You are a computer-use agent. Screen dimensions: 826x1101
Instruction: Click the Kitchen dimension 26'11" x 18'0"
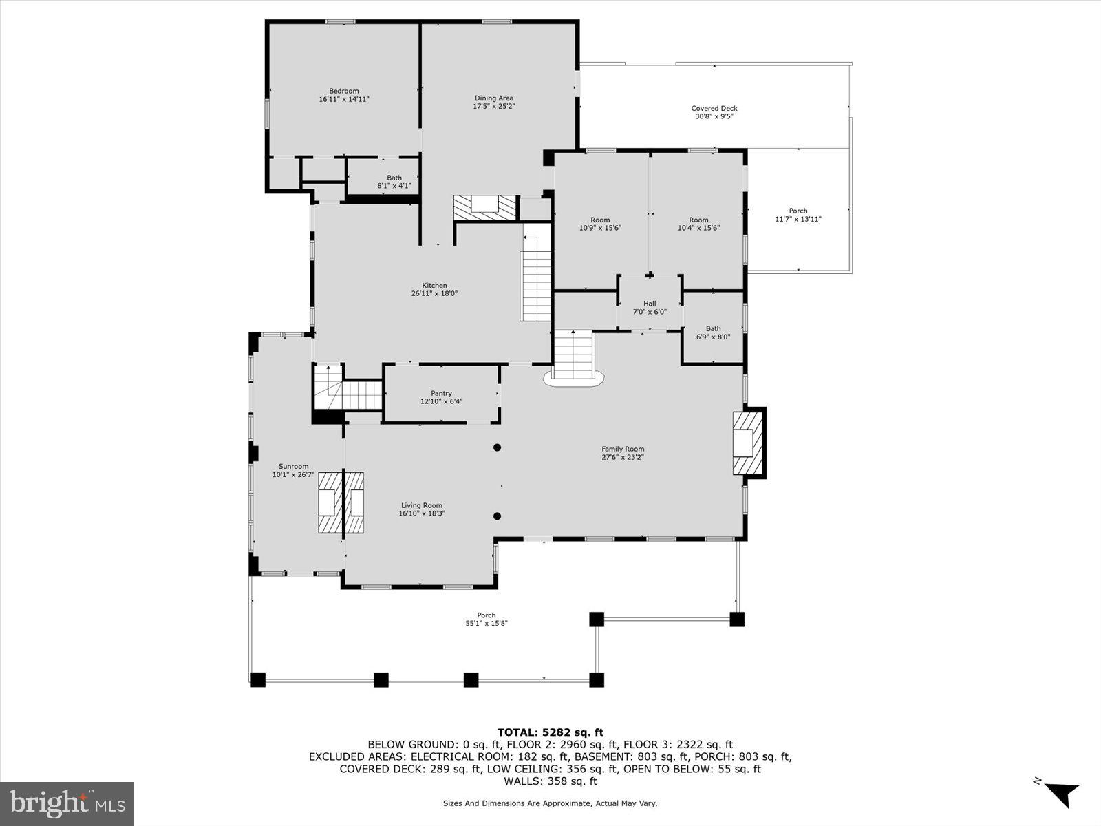pos(434,293)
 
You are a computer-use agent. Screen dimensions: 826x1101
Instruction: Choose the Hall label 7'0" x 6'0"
pos(650,308)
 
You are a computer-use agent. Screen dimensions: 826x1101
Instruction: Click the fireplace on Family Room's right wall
pos(747,443)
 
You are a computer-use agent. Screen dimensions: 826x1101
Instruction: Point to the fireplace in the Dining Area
pos(484,206)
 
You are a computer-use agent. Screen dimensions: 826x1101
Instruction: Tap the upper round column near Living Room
pos(497,448)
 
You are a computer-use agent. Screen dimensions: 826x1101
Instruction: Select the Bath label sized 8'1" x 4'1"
pos(394,182)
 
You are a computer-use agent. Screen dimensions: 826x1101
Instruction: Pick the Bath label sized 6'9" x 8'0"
pos(713,332)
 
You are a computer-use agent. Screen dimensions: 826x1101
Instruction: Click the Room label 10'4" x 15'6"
pos(698,224)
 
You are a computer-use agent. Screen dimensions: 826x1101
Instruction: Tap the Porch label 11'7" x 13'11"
pos(798,215)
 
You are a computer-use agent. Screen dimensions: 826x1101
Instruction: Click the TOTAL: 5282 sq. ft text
pos(550,732)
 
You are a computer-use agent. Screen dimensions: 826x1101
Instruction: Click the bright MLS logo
pos(67,803)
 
